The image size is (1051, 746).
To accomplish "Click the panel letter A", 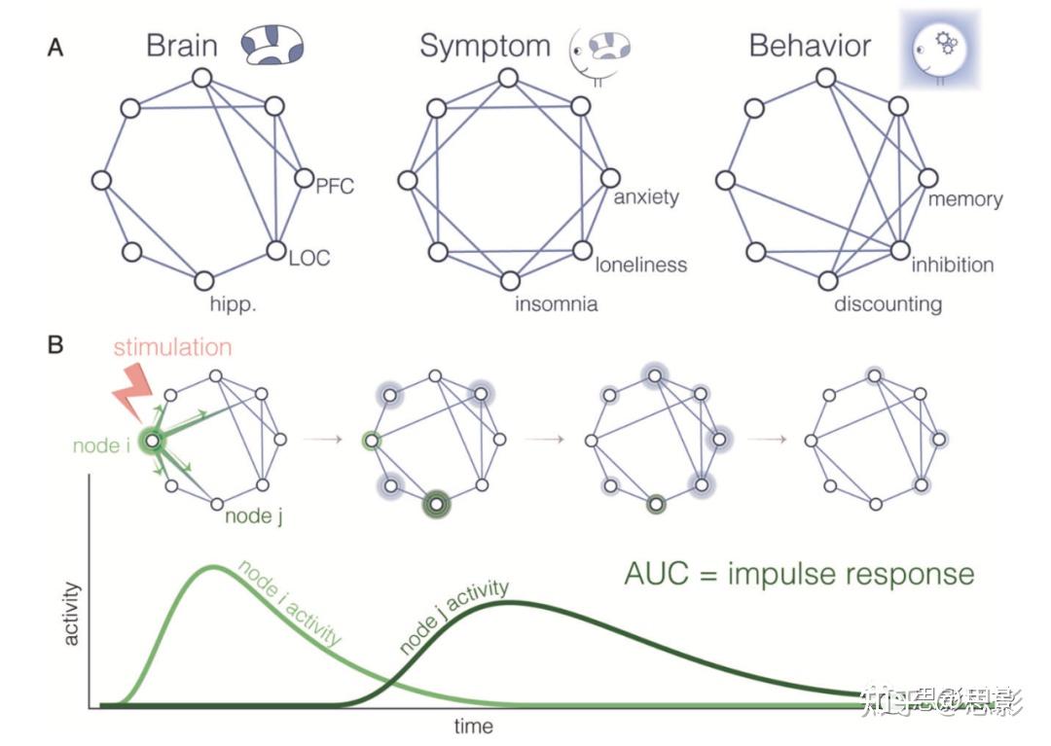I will [x=55, y=48].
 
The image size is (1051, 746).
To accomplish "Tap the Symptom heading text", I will [x=485, y=46].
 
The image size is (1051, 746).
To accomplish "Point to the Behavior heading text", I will [x=810, y=46].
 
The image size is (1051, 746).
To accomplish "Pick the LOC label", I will [x=309, y=258].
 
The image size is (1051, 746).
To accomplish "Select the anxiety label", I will [x=646, y=197].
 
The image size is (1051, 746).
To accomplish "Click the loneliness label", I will [x=641, y=264].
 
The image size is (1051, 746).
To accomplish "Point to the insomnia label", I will [x=557, y=304].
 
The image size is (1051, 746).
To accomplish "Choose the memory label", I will [x=964, y=198].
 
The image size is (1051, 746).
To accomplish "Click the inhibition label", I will [x=953, y=264].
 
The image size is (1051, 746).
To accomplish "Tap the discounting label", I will [x=888, y=304].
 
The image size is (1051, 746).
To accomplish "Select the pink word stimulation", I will [x=174, y=347].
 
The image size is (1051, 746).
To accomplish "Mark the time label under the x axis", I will [x=474, y=727].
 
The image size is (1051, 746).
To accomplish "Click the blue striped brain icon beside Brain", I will [x=272, y=46].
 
